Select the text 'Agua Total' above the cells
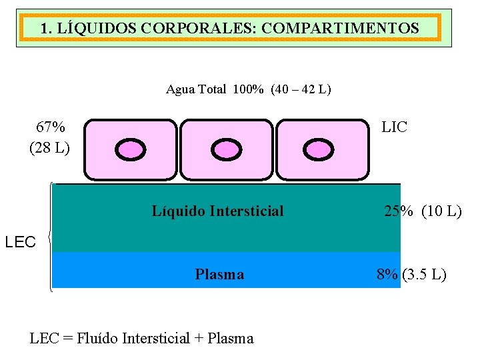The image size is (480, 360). tap(196, 89)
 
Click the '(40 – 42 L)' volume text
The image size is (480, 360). tap(301, 89)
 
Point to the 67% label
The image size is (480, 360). tap(51, 127)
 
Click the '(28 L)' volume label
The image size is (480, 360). tap(49, 147)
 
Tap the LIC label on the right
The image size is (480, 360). tap(394, 127)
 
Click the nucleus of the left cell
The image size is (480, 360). tap(131, 150)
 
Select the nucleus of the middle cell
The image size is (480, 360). tap(225, 150)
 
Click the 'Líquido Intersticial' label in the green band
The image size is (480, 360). tap(217, 211)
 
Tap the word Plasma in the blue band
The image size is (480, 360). tap(219, 274)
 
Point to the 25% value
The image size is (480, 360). tap(399, 212)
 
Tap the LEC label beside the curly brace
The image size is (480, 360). tap(20, 242)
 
